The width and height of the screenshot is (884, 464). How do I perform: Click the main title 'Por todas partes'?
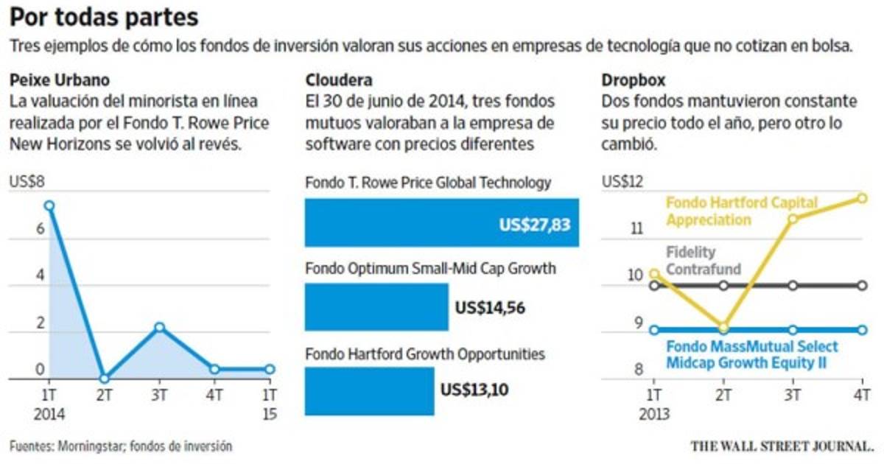(104, 17)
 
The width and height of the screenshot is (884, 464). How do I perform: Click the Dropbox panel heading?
(628, 80)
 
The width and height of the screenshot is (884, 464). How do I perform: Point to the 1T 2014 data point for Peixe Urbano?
(49, 206)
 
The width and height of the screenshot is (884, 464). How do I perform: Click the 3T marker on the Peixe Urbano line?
(160, 327)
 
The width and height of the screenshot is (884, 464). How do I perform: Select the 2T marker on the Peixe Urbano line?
(105, 379)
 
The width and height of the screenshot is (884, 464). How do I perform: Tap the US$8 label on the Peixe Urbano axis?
(27, 182)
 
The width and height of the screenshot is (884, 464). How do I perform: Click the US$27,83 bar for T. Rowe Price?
(442, 223)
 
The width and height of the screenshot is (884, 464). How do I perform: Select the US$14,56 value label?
(491, 308)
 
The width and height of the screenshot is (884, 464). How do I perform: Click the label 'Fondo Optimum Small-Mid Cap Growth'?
(430, 269)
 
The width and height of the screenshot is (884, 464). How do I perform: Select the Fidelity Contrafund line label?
(703, 261)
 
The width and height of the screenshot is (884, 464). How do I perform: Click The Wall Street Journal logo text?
(782, 446)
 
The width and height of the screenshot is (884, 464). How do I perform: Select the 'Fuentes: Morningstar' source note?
(121, 446)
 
